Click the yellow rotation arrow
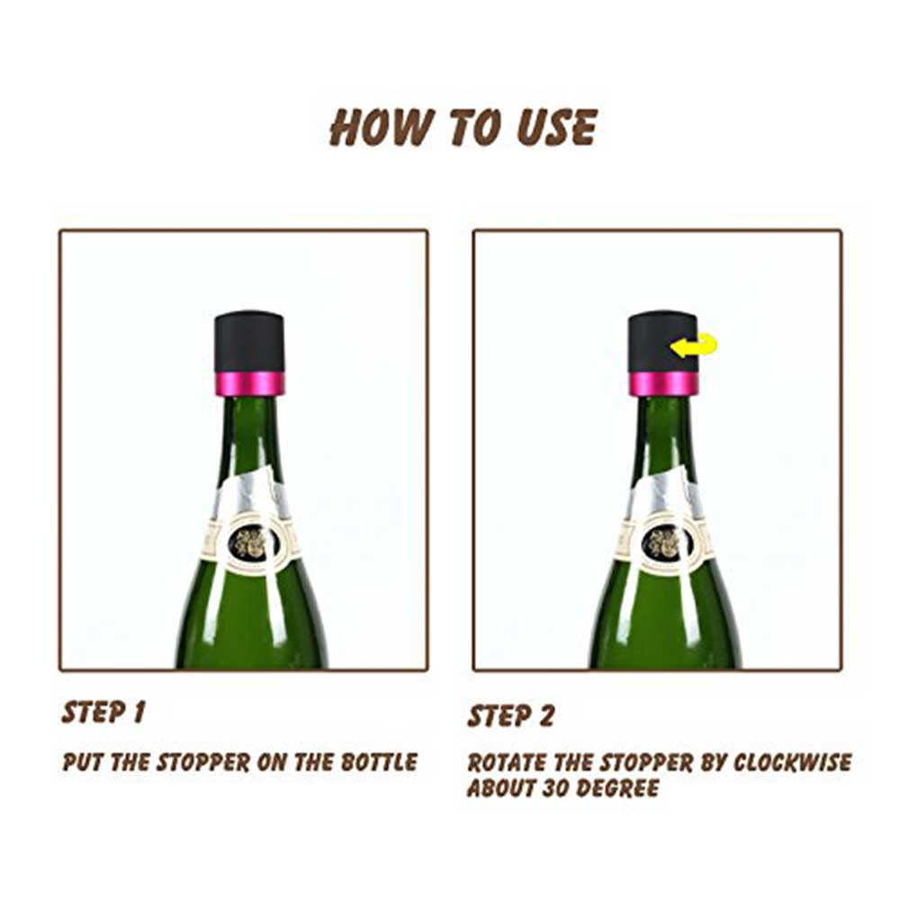click(694, 345)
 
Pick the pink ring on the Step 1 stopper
click(249, 383)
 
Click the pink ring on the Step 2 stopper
click(662, 383)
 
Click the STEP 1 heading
click(103, 712)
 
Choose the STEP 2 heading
click(511, 715)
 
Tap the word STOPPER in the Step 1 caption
click(203, 762)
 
